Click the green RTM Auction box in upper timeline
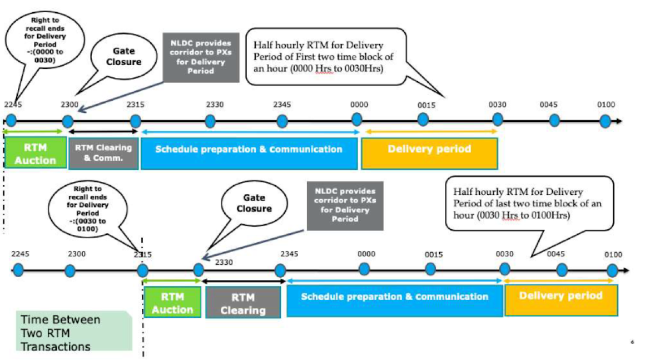point(35,154)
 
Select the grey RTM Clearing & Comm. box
point(103,154)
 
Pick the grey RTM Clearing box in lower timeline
point(242,303)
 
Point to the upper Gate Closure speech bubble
point(123,57)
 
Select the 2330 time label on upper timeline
point(215,104)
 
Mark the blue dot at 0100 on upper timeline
point(606,121)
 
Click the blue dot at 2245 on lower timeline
point(18,270)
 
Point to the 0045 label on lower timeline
point(555,254)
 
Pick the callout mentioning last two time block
point(528,203)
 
